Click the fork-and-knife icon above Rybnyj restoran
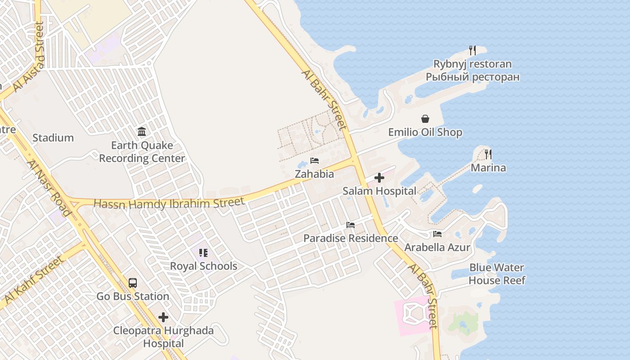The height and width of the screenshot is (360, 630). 472,50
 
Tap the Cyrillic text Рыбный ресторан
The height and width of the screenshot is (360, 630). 472,77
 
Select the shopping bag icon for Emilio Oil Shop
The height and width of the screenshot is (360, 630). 425,119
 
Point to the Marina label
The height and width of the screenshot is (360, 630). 488,168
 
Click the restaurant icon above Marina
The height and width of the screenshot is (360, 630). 488,154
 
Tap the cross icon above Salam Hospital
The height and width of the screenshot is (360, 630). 379,178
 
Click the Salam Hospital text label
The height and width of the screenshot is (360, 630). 379,191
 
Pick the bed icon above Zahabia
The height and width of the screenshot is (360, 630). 315,161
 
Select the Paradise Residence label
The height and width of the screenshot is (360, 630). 351,238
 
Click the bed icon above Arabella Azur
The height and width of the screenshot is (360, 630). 437,234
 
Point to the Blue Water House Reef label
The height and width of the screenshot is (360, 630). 497,274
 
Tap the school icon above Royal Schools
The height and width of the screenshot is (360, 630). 203,253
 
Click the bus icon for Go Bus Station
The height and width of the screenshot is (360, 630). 133,283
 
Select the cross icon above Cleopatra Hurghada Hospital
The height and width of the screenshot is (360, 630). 163,317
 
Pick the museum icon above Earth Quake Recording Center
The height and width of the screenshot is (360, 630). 142,132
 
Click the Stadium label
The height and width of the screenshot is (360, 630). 53,138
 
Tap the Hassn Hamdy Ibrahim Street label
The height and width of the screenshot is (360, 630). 169,203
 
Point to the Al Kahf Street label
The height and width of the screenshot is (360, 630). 34,279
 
